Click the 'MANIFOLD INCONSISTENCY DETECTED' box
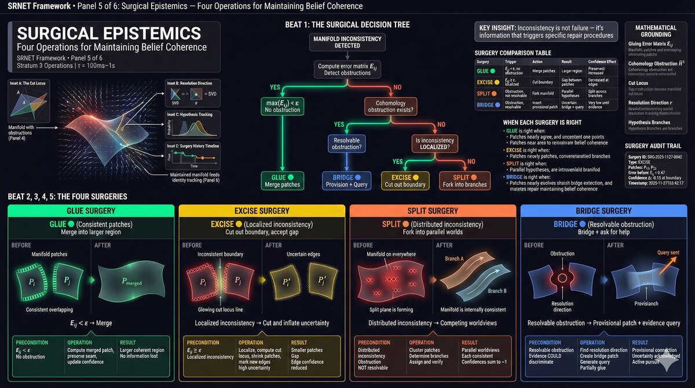click(x=346, y=42)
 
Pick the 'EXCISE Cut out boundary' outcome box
click(x=405, y=180)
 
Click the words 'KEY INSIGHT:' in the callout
click(x=497, y=28)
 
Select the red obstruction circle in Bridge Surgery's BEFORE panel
click(x=561, y=279)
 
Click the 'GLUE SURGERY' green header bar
click(x=90, y=211)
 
